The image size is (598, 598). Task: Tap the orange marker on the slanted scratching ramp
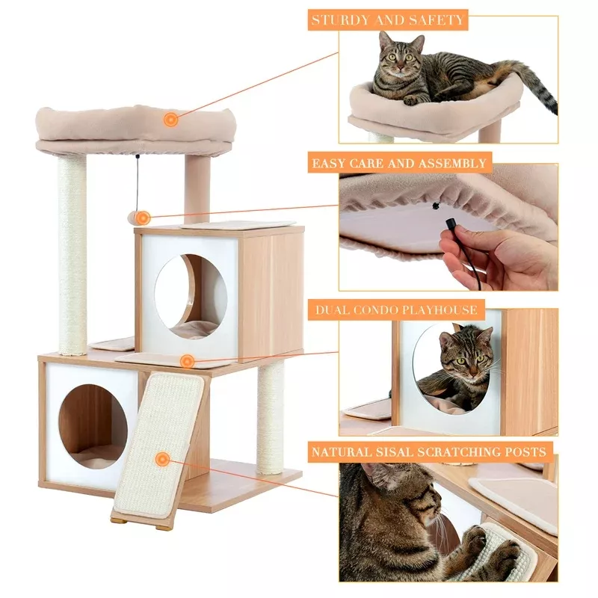[x=161, y=458]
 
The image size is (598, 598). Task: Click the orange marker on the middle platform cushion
[x=187, y=362]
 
